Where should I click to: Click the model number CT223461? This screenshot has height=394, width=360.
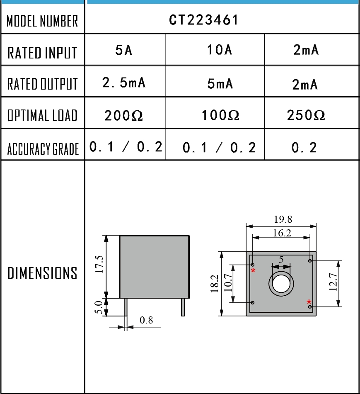204,20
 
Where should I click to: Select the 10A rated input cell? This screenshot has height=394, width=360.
219,50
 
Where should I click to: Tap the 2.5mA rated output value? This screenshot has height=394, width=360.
124,83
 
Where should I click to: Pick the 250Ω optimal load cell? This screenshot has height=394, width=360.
306,115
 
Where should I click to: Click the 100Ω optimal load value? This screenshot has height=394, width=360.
220,115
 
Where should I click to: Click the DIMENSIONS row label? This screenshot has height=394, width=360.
43,273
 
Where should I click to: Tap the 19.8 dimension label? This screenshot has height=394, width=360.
283,219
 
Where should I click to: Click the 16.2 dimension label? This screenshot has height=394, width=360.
282,233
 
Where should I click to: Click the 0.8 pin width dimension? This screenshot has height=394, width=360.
146,320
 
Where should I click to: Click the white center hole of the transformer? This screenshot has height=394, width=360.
282,284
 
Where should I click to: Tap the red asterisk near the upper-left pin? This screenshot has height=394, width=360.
254,271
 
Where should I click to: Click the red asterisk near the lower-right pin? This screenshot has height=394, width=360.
309,302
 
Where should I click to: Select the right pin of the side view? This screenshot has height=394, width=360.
183,307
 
